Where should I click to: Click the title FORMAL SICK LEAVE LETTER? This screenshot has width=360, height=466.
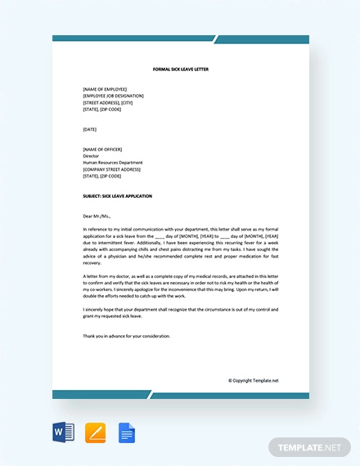(x=181, y=69)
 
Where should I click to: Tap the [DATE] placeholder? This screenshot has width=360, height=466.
(x=90, y=128)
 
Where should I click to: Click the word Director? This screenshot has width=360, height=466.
(x=92, y=155)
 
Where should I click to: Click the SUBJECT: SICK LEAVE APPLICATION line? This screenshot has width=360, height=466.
(x=117, y=196)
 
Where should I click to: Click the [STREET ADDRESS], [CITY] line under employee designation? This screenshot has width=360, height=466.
(x=113, y=101)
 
